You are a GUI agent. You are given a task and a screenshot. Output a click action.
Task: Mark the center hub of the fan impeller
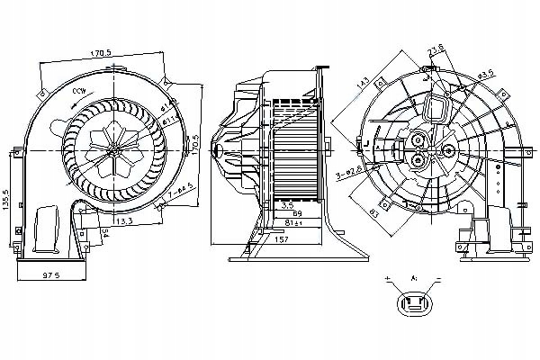point(114,149)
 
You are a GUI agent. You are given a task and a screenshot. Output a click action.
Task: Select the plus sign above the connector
point(388,279)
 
